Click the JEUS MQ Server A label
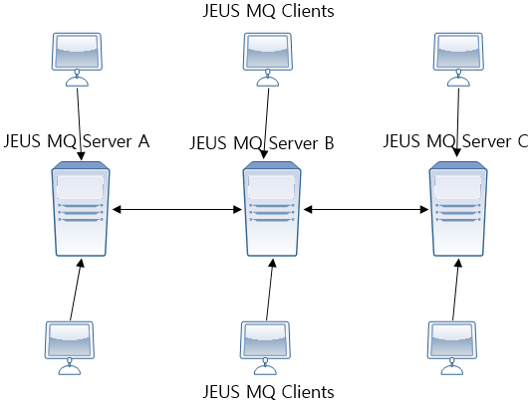(x=77, y=141)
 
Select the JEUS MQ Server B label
(x=261, y=143)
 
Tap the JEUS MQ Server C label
(x=455, y=141)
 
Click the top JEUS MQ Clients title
(x=267, y=12)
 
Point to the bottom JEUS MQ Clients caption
(x=267, y=391)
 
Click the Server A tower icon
(x=80, y=211)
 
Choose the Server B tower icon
(x=272, y=211)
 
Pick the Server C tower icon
(x=458, y=211)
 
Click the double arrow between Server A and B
(x=175, y=210)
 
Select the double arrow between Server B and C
(x=367, y=210)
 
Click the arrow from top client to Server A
(x=79, y=109)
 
